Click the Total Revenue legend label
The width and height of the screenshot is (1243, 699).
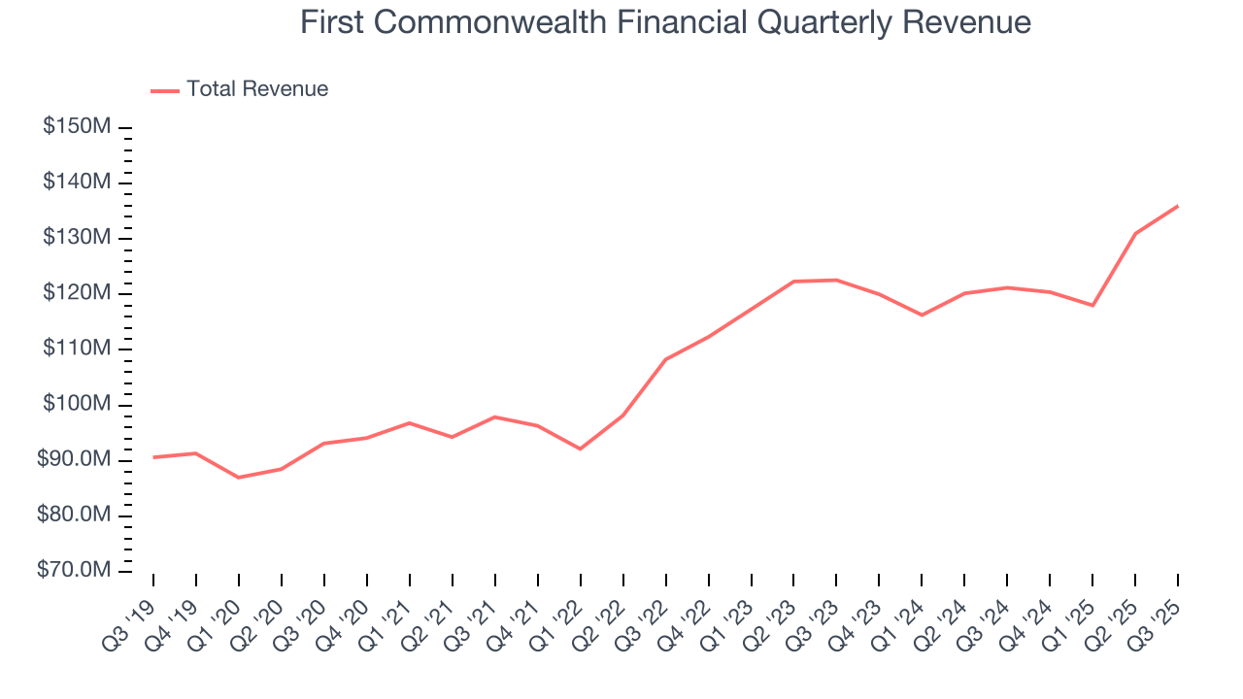point(257,89)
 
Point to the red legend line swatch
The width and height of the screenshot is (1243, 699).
point(165,90)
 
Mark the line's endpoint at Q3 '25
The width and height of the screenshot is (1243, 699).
point(1178,206)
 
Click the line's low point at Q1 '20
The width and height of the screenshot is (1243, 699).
point(239,478)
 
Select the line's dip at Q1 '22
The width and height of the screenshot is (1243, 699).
point(580,449)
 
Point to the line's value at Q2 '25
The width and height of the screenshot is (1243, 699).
point(1135,233)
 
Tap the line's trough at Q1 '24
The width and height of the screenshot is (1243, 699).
point(922,315)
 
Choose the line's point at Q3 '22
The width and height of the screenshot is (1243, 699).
point(665,359)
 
